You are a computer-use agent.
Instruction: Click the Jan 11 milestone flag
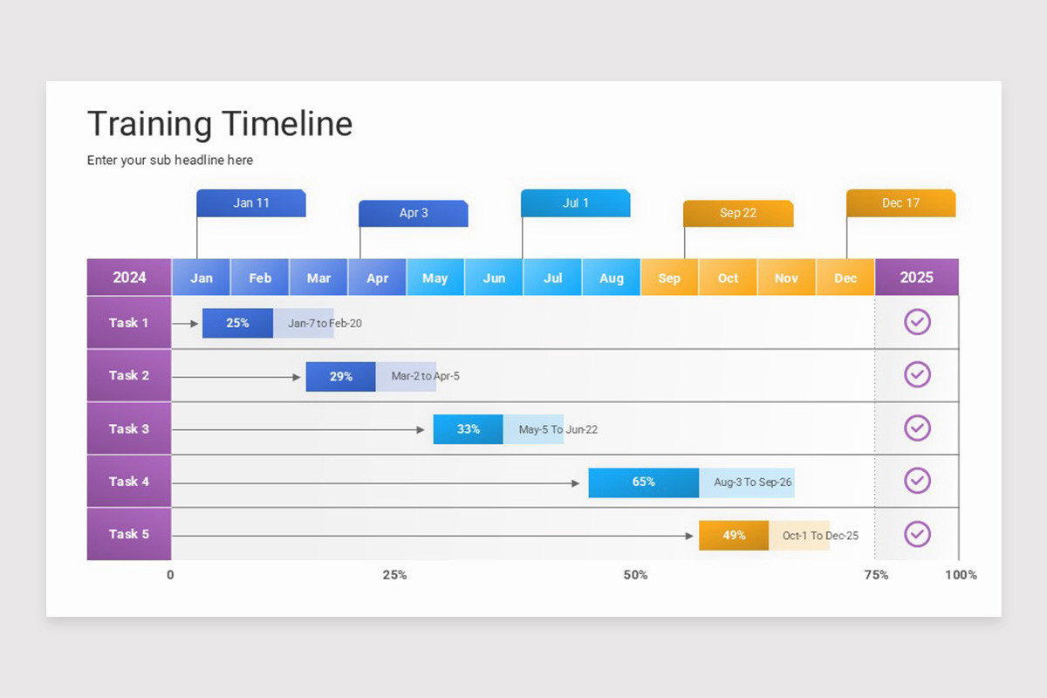(x=251, y=203)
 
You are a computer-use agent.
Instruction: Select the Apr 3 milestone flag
(x=414, y=213)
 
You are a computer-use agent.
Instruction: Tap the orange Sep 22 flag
(x=738, y=213)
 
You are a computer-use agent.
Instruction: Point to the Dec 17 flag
(x=900, y=203)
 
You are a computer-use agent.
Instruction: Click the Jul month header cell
(x=552, y=277)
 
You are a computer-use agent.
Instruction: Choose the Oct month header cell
(x=728, y=277)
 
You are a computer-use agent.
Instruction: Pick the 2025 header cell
(x=917, y=277)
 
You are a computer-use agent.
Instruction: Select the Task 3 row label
(x=129, y=428)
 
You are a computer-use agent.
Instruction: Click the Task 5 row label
(x=129, y=534)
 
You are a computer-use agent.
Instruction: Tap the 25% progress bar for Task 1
(x=237, y=323)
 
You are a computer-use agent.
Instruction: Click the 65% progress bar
(x=644, y=482)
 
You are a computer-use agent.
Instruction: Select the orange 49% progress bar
(x=734, y=536)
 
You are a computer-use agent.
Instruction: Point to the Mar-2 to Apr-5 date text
(x=426, y=376)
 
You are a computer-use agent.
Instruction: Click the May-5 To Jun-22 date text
(x=558, y=429)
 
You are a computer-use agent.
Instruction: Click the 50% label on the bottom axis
(x=636, y=575)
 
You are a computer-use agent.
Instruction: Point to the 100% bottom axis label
(x=961, y=575)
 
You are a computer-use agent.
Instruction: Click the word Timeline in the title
(x=287, y=124)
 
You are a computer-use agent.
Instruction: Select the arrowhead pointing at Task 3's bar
(x=421, y=429)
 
